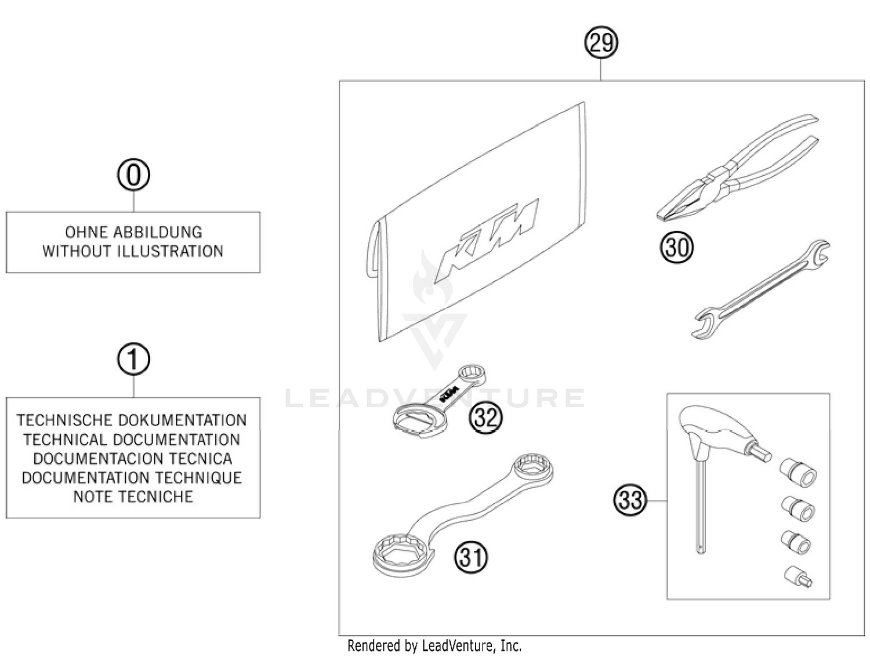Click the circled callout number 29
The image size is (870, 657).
coord(601,43)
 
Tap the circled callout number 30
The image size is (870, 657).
coord(676,248)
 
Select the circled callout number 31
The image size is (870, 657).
coord(471,557)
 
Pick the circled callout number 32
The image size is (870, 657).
coord(485,416)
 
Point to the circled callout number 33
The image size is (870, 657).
coord(630,499)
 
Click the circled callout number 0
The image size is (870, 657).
coord(133,175)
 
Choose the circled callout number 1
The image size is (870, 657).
coord(133,359)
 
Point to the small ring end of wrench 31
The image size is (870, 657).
coord(534,467)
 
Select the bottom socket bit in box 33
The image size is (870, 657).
coord(799,576)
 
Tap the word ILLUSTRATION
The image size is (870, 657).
coord(170,252)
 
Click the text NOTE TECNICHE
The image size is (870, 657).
coord(133,497)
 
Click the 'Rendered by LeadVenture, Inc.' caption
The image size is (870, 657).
coord(434,645)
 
